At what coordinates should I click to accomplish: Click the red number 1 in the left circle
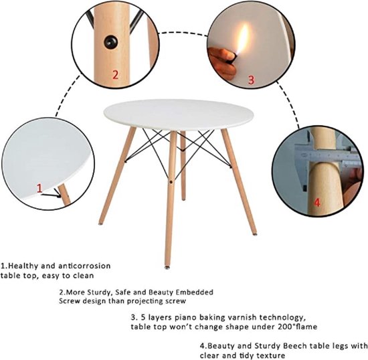click(x=39, y=189)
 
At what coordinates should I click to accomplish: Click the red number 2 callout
click(x=114, y=74)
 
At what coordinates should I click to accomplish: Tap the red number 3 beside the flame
click(x=251, y=79)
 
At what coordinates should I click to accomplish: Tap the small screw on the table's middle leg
click(x=171, y=181)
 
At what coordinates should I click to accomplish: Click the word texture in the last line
click(x=270, y=355)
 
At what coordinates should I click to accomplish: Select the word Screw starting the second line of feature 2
click(x=72, y=301)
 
